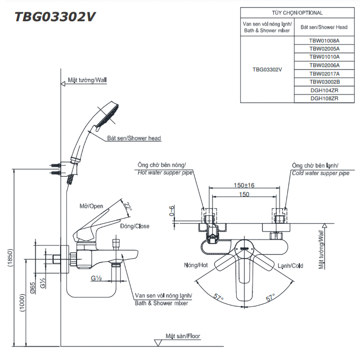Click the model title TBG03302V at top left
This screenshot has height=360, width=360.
[55, 17]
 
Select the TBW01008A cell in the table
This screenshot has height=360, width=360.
[324, 40]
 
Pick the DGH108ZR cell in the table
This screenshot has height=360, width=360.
[324, 98]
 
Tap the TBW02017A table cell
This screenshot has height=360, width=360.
[324, 73]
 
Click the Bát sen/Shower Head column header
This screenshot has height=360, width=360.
[324, 27]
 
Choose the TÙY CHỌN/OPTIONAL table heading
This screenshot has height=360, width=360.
[297, 13]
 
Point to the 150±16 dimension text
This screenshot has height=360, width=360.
[244, 185]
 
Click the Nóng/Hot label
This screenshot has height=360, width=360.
[196, 265]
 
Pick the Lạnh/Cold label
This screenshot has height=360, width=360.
[290, 266]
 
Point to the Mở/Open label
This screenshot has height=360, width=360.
[91, 206]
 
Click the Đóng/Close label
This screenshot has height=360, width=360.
[135, 226]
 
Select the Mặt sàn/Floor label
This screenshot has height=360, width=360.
[183, 336]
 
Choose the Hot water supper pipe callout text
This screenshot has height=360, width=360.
[165, 172]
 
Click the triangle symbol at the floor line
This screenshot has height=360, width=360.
[158, 342]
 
